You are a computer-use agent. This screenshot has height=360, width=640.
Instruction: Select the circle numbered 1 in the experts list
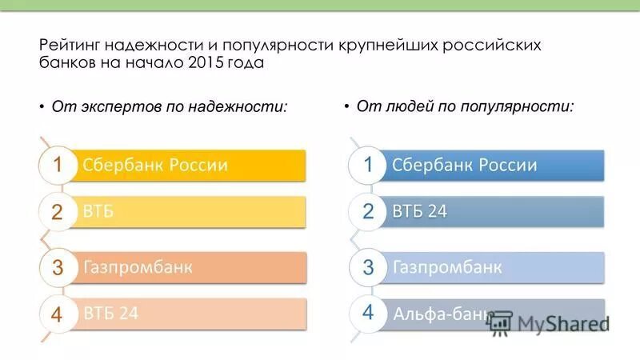tap(58, 165)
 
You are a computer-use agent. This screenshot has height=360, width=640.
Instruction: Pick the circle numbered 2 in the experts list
tap(58, 212)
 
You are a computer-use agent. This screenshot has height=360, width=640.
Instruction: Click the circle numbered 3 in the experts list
tap(58, 267)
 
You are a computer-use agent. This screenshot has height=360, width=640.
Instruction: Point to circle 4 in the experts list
tap(58, 314)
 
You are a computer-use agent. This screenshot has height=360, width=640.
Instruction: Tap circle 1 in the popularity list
tap(368, 165)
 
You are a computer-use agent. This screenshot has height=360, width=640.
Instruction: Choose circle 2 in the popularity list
tap(368, 212)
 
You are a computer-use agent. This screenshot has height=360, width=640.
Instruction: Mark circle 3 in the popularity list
tap(368, 267)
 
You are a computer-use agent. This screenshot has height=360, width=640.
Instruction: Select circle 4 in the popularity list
tap(368, 312)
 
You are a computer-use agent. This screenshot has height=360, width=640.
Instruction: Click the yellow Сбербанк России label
tap(155, 165)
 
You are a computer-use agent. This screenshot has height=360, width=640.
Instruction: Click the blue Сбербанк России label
tap(464, 165)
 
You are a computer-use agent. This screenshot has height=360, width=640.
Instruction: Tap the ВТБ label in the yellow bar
tap(98, 211)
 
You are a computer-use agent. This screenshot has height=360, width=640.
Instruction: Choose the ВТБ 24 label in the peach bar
tap(110, 313)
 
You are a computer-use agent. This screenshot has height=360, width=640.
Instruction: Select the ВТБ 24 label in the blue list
tap(419, 211)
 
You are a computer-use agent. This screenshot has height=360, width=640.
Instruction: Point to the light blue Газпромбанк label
tap(447, 266)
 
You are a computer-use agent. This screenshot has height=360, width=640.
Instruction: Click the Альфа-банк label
tap(442, 313)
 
